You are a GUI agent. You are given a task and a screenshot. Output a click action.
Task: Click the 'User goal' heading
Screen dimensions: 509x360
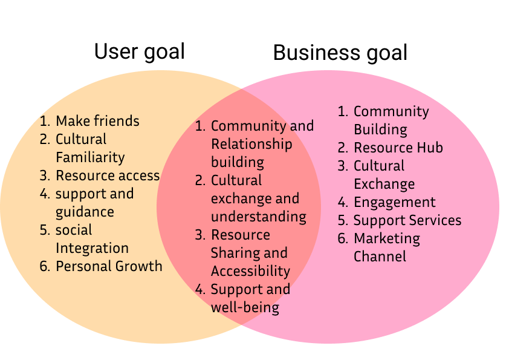click(139, 51)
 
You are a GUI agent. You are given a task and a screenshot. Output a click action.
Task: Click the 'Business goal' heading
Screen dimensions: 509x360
click(340, 53)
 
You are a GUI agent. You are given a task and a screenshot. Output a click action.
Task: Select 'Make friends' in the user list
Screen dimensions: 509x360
click(97, 121)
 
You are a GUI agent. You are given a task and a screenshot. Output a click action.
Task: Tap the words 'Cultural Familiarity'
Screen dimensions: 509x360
click(90, 148)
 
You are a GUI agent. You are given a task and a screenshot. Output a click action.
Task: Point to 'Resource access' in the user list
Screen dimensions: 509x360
click(108, 175)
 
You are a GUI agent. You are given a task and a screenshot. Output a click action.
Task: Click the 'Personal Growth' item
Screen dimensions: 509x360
click(109, 266)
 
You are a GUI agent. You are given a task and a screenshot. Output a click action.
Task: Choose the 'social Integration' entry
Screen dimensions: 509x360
click(92, 239)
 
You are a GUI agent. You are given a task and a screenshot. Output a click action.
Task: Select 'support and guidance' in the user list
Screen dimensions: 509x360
click(94, 203)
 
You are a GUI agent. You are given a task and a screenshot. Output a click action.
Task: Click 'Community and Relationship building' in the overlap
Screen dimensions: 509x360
click(262, 144)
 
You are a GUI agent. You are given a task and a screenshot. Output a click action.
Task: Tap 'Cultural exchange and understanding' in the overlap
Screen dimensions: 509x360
click(258, 198)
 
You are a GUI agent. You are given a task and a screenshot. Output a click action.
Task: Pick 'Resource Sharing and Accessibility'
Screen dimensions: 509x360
click(250, 253)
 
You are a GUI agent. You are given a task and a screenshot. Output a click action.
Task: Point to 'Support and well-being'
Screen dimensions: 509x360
click(250, 298)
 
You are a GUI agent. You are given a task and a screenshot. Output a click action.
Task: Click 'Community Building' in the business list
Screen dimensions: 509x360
click(391, 120)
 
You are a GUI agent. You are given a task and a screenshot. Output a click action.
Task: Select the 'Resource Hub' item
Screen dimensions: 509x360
click(398, 148)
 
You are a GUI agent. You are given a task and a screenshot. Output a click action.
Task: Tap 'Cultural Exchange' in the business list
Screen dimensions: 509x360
click(384, 175)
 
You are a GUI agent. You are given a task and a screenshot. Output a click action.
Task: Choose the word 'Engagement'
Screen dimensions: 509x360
click(394, 202)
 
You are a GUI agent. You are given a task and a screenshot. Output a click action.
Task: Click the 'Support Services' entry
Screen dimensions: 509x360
click(407, 220)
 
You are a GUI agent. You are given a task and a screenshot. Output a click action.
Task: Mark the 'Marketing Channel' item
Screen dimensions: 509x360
click(387, 247)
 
